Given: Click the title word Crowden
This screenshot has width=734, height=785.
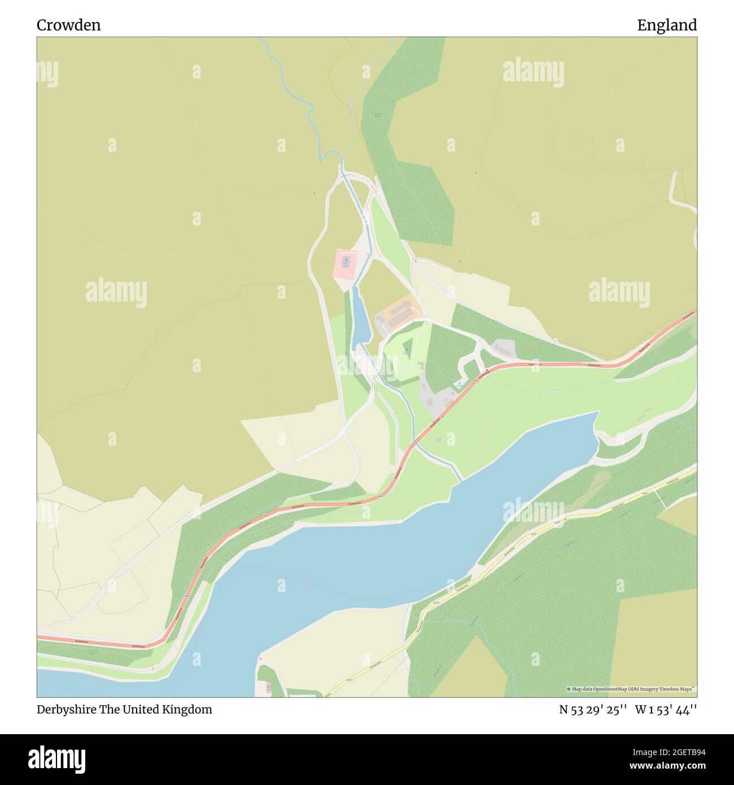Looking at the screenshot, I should coord(68,25).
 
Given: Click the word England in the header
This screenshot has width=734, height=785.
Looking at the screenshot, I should coord(667,25).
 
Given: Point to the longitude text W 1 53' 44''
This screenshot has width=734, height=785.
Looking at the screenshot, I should coord(666,709).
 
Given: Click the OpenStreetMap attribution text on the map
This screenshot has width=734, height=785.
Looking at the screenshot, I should coord(631,689).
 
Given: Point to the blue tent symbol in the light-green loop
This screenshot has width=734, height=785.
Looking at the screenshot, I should coord(405,351).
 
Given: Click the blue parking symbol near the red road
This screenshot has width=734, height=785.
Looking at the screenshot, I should coord(460,384).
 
